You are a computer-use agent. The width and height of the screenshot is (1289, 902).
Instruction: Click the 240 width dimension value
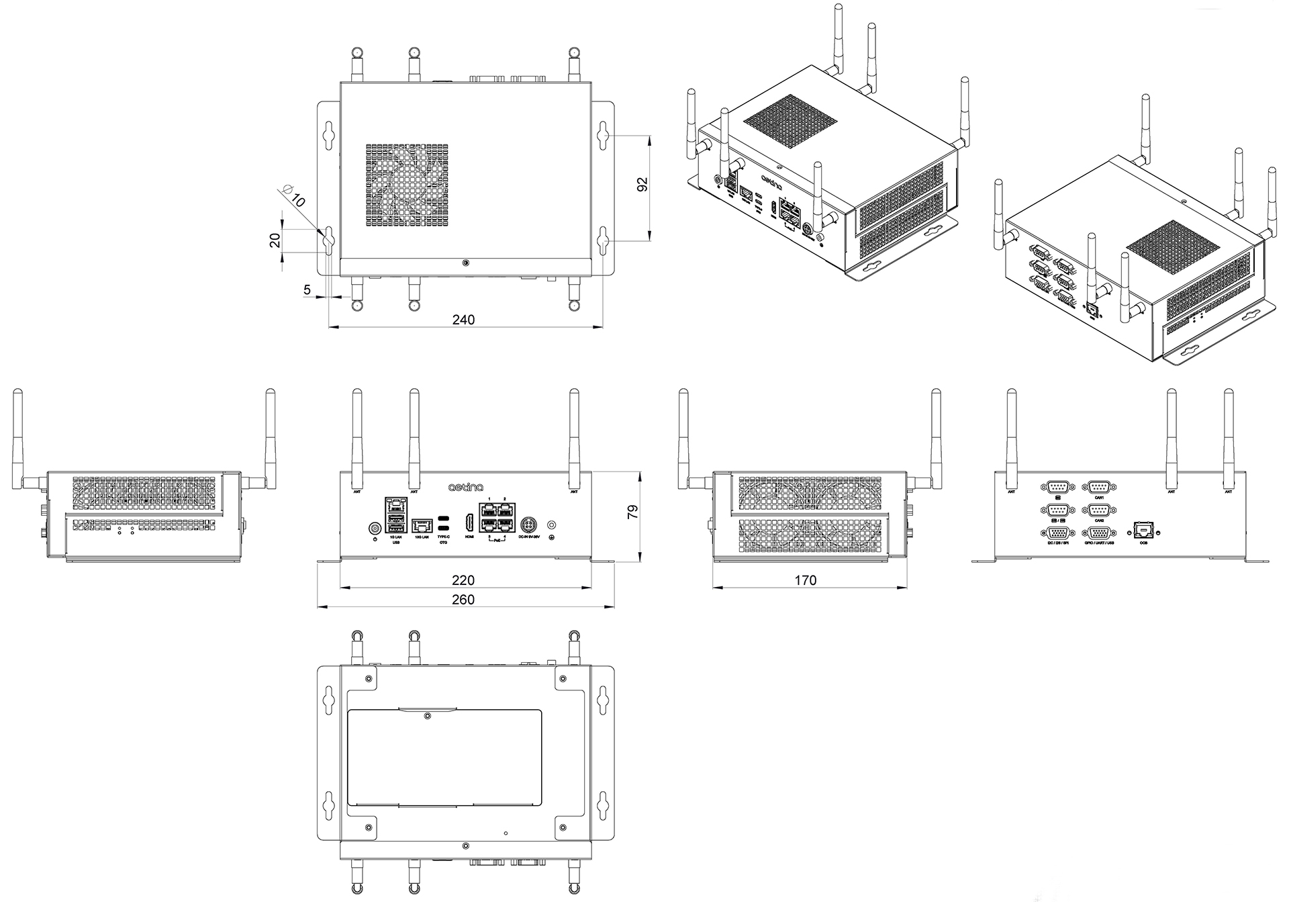pyautogui.click(x=463, y=320)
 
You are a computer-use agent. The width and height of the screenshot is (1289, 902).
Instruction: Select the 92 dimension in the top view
pyautogui.click(x=641, y=186)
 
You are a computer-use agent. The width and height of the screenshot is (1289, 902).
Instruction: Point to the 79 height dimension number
pyautogui.click(x=632, y=513)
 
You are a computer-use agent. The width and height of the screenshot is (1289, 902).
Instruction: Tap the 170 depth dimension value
pyautogui.click(x=805, y=580)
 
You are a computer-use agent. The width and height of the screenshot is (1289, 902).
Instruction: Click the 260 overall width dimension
pyautogui.click(x=463, y=599)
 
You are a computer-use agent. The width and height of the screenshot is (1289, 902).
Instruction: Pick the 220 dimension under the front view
pyautogui.click(x=463, y=580)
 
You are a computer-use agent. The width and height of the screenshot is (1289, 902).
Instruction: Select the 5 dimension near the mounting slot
pyautogui.click(x=307, y=290)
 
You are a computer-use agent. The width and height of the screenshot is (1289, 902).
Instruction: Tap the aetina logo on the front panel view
pyautogui.click(x=466, y=485)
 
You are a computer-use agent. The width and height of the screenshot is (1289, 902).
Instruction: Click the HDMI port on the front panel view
pyautogui.click(x=469, y=524)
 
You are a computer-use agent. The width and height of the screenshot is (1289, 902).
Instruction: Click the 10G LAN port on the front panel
pyautogui.click(x=422, y=525)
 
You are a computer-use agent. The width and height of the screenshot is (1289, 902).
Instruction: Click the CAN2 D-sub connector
pyautogui.click(x=1098, y=510)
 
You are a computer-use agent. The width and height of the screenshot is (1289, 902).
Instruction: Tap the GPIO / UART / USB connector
pyautogui.click(x=1098, y=533)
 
